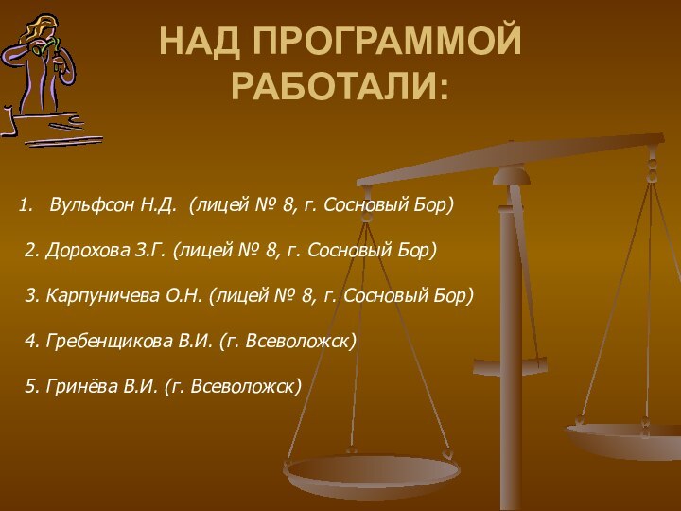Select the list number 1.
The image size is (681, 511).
(26, 204)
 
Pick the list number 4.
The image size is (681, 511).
(29, 341)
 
